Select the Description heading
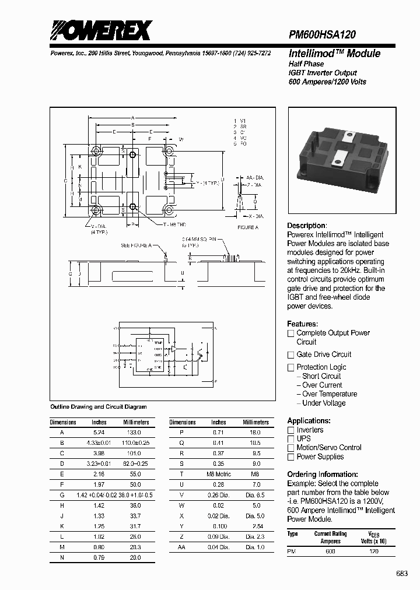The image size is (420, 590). click(x=307, y=226)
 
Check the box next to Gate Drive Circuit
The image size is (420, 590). click(x=290, y=355)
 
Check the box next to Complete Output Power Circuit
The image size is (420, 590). click(x=290, y=333)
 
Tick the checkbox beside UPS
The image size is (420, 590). click(x=290, y=439)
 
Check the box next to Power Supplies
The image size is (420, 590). click(x=290, y=458)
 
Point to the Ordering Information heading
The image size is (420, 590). click(x=323, y=475)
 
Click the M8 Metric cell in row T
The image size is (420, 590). click(x=219, y=474)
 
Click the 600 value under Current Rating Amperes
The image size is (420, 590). click(x=330, y=551)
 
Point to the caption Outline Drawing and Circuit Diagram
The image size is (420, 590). click(x=99, y=407)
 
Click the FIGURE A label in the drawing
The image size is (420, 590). click(x=247, y=227)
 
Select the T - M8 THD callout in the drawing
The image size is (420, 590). click(x=174, y=224)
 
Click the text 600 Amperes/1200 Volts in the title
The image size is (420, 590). click(x=327, y=82)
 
